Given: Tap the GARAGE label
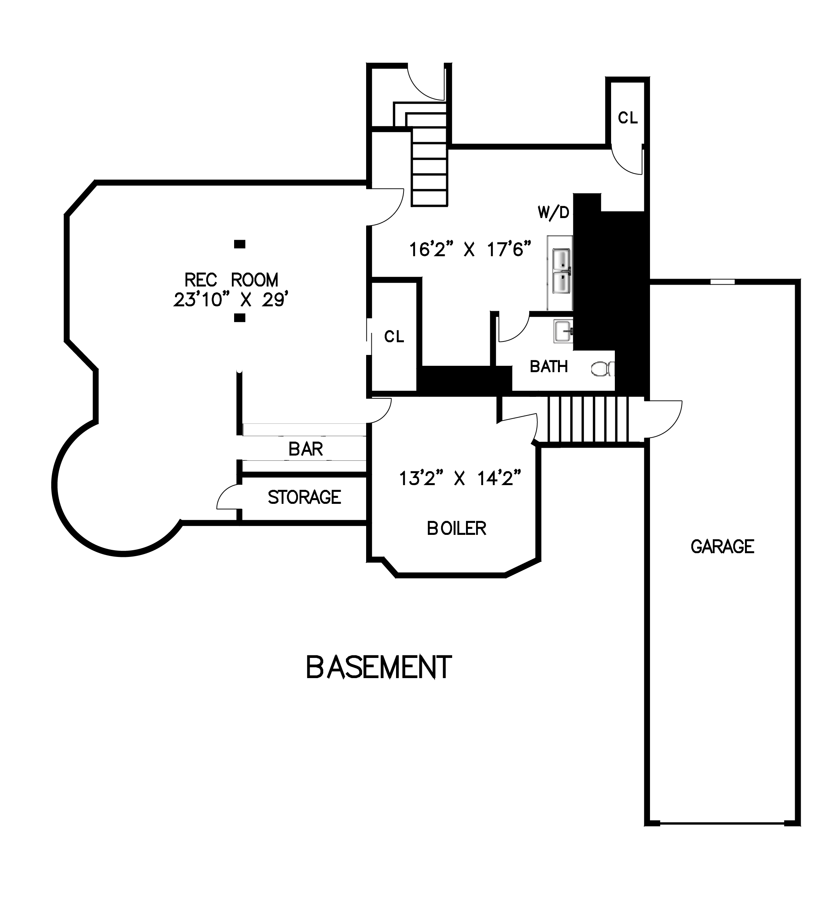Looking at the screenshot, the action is (722, 546).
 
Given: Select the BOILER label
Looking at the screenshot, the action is (456, 528).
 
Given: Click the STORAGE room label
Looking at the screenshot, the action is (304, 497).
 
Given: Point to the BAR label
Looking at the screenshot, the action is (306, 449).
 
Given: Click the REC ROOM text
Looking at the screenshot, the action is (231, 280).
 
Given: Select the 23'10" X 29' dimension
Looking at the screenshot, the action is (231, 299).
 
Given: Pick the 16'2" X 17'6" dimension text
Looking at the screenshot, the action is (470, 249).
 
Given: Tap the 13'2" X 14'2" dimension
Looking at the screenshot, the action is (460, 478).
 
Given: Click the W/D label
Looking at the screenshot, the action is (554, 212).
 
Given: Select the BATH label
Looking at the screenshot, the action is (548, 367).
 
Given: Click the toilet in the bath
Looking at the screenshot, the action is (603, 369).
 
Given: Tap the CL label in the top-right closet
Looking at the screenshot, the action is (628, 118).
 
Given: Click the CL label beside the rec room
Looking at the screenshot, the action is (394, 336).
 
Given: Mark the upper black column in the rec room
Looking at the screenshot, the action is (240, 244).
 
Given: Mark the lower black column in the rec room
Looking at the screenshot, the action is (240, 318).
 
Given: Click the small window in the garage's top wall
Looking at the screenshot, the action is (722, 282).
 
